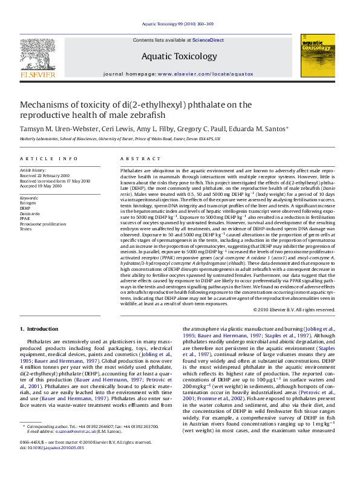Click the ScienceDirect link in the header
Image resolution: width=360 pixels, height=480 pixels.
208,40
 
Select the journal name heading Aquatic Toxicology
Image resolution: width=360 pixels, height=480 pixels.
179,56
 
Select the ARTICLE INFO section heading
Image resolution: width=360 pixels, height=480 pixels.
48,158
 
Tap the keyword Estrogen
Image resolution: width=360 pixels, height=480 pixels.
29,203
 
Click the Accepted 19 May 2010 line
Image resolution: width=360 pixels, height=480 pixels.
41,186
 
